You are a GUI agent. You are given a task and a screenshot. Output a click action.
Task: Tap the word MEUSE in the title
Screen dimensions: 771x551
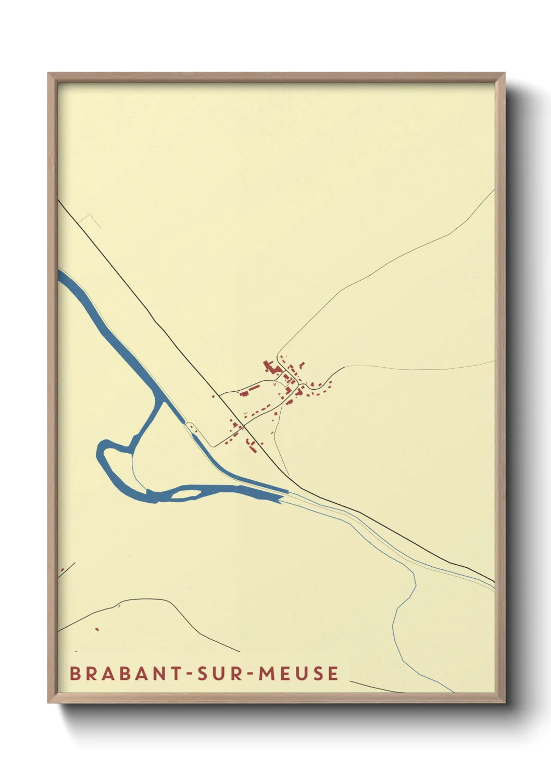(x=298, y=673)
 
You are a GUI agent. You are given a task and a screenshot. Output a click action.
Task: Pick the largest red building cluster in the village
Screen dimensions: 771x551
(x=271, y=367)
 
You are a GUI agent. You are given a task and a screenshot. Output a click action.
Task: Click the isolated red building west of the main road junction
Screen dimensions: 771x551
(x=213, y=396)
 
